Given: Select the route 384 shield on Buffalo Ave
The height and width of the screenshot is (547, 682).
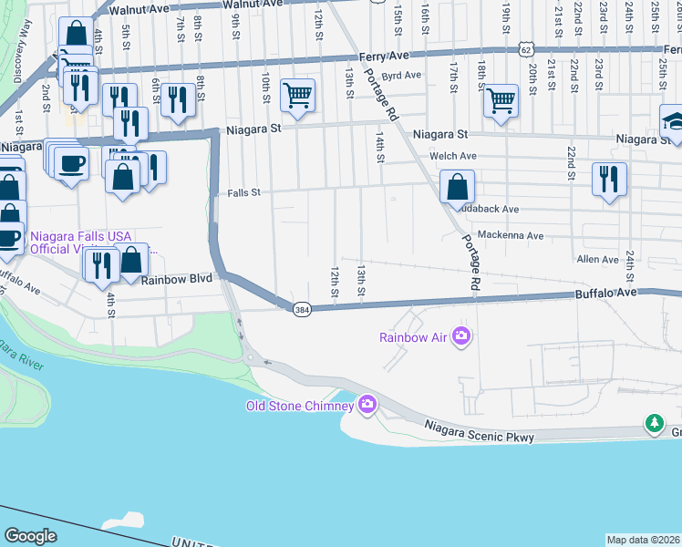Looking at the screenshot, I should [301, 311].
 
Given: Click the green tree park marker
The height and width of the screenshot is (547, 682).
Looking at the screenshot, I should [653, 423].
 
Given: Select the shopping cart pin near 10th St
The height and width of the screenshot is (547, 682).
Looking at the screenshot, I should [297, 94].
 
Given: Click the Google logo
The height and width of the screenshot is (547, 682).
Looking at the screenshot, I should [30, 535].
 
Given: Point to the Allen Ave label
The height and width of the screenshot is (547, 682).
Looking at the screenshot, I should [598, 260].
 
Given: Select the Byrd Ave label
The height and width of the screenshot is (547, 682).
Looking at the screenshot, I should [401, 76].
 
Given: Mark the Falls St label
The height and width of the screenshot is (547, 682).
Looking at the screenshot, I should [243, 192].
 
